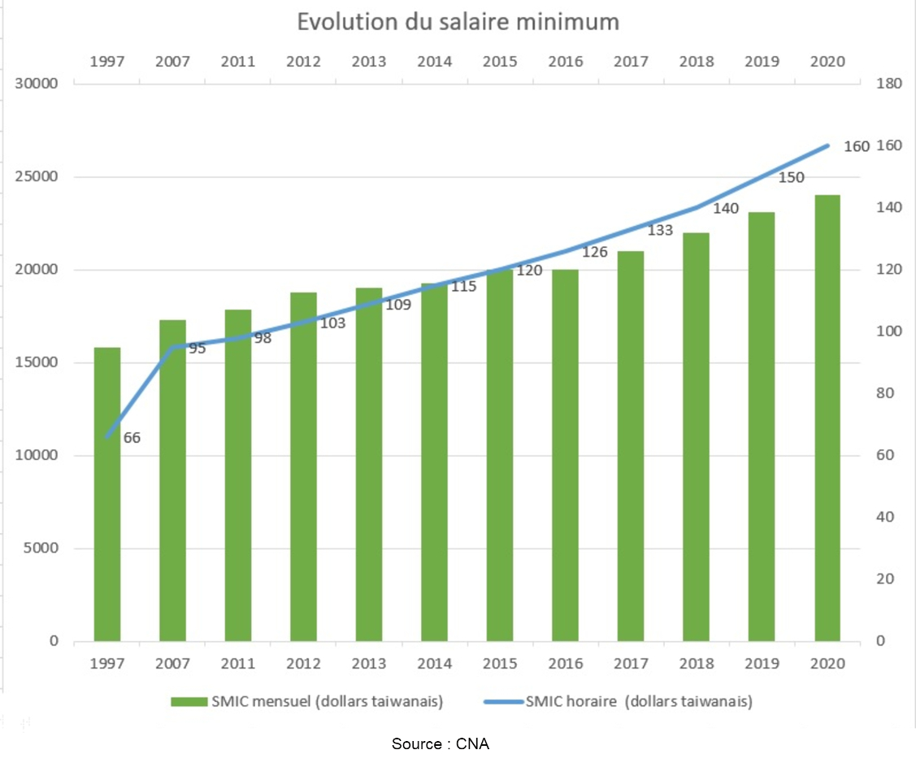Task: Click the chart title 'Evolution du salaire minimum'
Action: (x=458, y=22)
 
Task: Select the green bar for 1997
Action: (x=107, y=494)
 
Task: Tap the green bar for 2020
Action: (x=827, y=418)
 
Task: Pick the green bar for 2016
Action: (x=566, y=455)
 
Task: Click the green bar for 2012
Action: (x=304, y=466)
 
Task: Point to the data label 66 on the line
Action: (x=132, y=438)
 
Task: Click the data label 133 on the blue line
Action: (x=660, y=231)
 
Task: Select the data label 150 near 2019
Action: (x=791, y=177)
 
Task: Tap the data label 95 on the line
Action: (x=198, y=349)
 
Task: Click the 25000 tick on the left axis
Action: (x=37, y=176)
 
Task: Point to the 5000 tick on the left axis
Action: (x=41, y=548)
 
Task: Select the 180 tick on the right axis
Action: (x=889, y=84)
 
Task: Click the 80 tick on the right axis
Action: (x=885, y=393)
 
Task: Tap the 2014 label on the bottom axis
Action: (x=435, y=664)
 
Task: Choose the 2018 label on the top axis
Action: (x=697, y=61)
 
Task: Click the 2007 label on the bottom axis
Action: (x=173, y=664)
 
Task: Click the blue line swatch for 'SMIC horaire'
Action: (x=504, y=702)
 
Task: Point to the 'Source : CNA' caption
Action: (x=441, y=743)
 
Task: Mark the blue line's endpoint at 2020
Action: (x=827, y=145)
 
